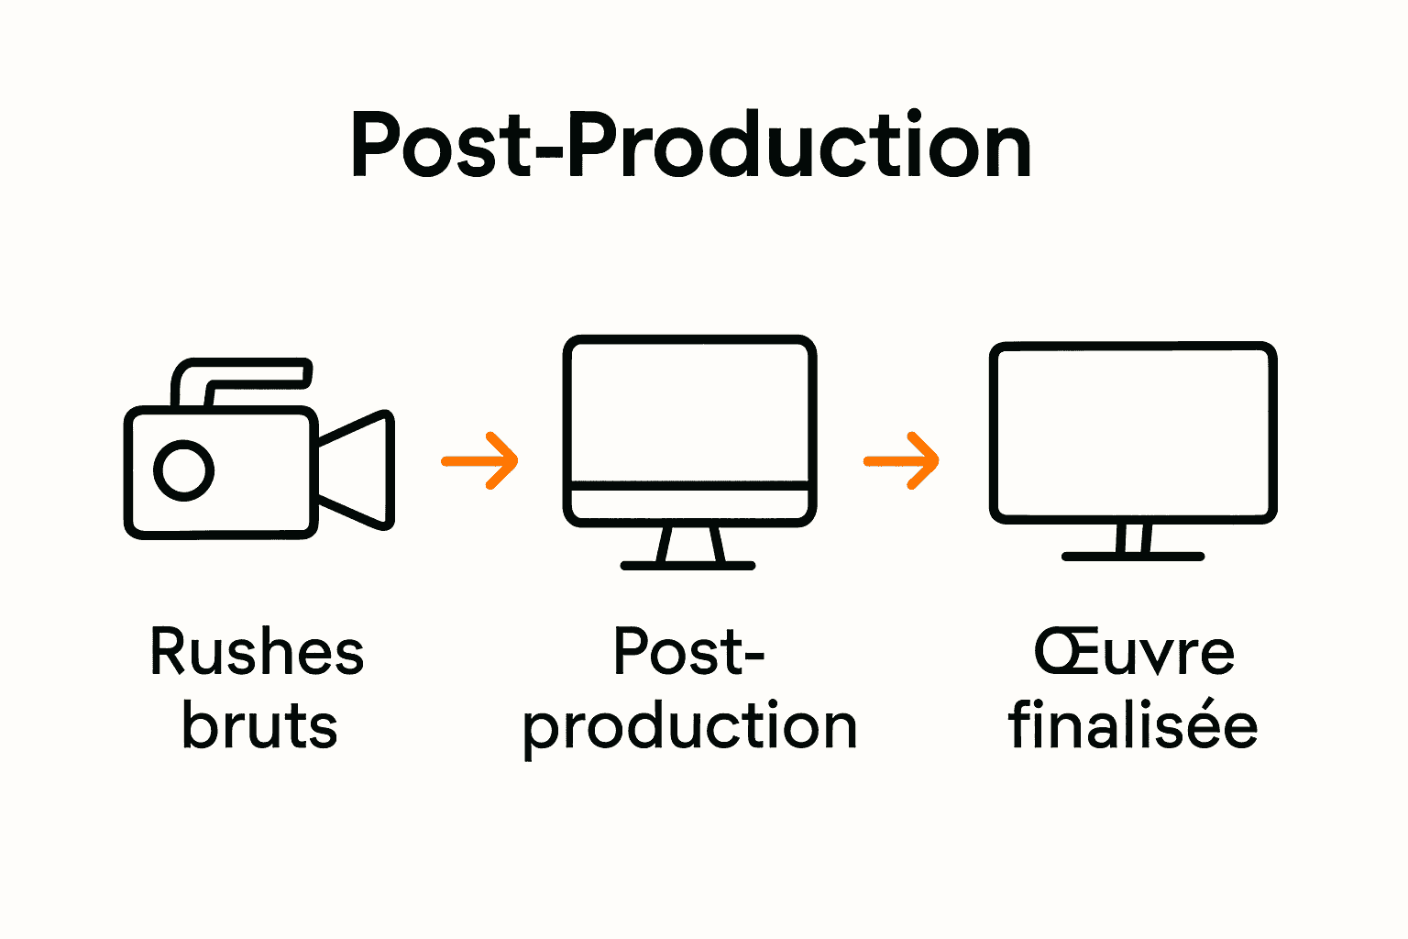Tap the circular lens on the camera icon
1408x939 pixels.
[x=183, y=471]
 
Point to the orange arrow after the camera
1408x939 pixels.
[x=481, y=460]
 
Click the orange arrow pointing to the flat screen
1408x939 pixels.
[x=903, y=460]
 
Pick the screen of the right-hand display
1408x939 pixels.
[x=1133, y=431]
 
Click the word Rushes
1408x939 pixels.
[x=257, y=653]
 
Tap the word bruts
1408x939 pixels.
[x=259, y=726]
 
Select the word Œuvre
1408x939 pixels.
[x=1135, y=653]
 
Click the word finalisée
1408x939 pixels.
[x=1133, y=726]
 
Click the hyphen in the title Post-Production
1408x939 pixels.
[x=547, y=152]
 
